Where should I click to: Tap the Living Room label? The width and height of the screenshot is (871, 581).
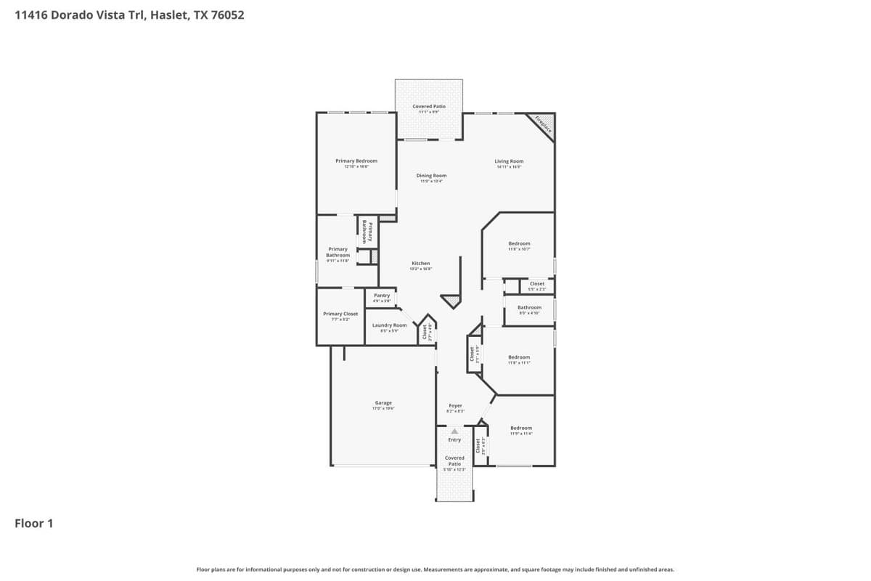click(509, 161)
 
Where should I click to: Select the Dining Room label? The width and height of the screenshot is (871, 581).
click(431, 176)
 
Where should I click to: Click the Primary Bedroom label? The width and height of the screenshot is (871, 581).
click(356, 161)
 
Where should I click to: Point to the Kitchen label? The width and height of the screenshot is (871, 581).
click(421, 263)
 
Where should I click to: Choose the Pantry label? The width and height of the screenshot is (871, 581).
click(382, 296)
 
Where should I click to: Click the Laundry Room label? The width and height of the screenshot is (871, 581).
click(390, 325)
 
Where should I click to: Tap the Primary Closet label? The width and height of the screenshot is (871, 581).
click(340, 314)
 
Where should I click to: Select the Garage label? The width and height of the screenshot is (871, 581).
click(383, 402)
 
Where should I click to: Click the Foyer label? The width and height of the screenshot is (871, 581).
click(455, 406)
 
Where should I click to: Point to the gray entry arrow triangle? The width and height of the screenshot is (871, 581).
click(454, 431)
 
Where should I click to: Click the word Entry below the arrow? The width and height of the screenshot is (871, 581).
click(454, 439)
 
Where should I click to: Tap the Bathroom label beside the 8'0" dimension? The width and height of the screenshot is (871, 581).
click(529, 307)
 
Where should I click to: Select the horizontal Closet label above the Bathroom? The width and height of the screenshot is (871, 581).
click(537, 284)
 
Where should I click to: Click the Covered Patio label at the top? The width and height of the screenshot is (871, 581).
click(428, 106)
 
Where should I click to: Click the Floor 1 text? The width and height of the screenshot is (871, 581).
click(34, 523)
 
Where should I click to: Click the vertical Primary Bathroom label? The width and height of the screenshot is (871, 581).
click(367, 232)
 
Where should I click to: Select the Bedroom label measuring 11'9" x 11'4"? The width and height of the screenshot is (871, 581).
click(520, 428)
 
